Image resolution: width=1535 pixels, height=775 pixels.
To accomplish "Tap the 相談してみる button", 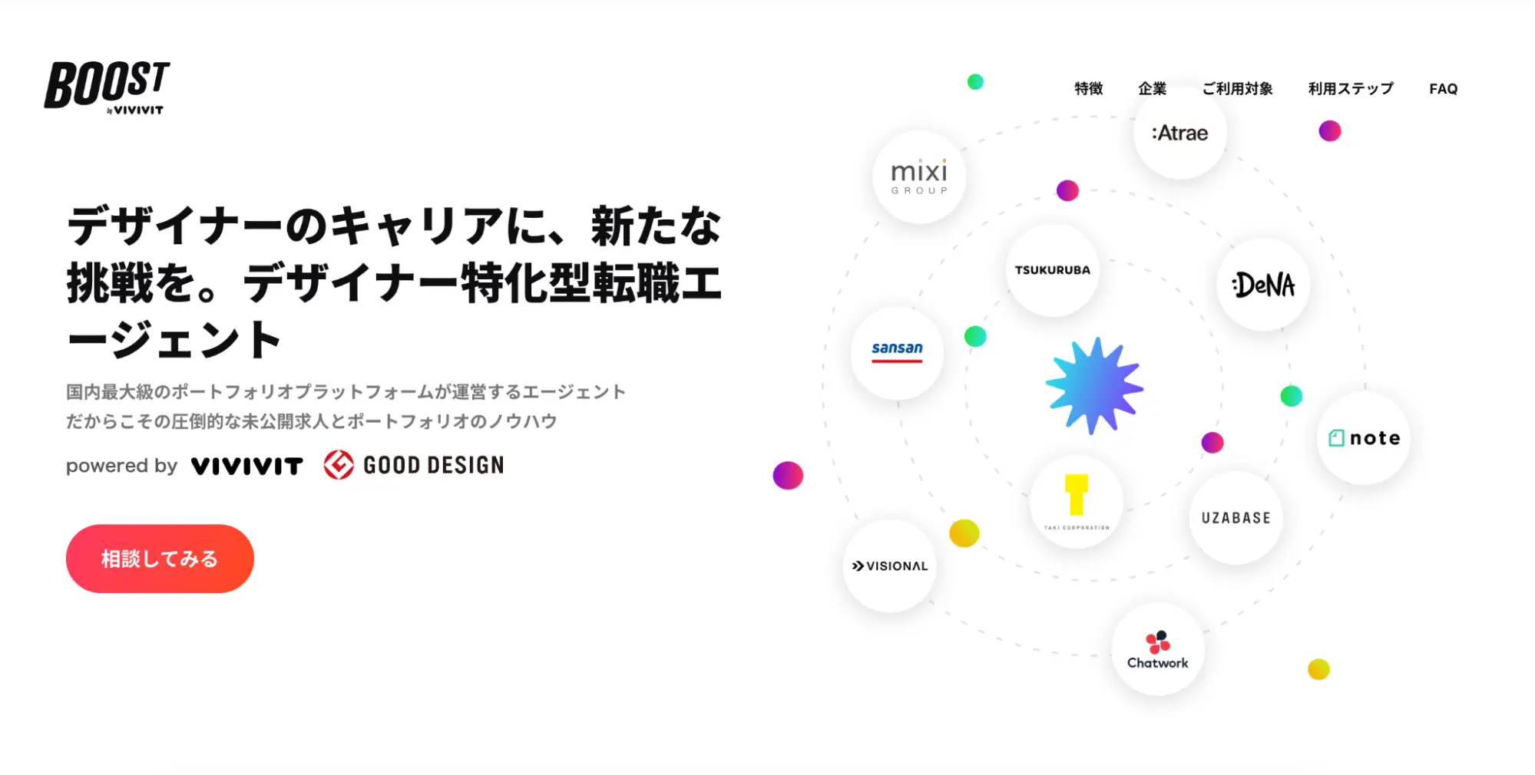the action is click(x=160, y=558).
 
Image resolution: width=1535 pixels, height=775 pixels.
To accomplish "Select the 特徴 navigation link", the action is click(x=1088, y=89).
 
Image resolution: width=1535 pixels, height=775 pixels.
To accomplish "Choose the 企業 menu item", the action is click(x=1152, y=89).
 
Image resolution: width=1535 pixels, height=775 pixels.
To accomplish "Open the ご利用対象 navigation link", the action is click(x=1237, y=89).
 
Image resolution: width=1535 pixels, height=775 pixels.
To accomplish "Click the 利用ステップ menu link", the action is click(x=1351, y=89).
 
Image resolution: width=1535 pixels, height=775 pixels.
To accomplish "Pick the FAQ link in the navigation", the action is click(x=1443, y=89).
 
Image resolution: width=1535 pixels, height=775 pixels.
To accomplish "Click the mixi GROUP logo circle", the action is click(x=919, y=176).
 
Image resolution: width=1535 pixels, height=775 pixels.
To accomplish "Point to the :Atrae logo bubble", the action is click(x=1180, y=133).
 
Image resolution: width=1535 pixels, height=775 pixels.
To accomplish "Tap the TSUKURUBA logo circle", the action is click(x=1053, y=270).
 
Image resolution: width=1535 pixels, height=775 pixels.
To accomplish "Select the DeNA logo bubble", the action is click(x=1263, y=285).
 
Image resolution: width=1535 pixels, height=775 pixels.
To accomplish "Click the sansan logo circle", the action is click(x=897, y=353).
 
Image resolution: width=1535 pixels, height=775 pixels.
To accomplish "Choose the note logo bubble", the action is click(x=1364, y=438).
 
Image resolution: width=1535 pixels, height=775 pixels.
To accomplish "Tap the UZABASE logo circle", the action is click(x=1236, y=518).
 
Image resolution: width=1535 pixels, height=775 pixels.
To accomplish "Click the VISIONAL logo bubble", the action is click(x=890, y=566).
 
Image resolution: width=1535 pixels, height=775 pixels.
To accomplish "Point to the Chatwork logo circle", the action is click(x=1158, y=649).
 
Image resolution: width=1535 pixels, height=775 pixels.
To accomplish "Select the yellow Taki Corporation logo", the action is click(x=1077, y=495).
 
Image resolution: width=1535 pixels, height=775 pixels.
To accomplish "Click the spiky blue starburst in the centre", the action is click(x=1095, y=386).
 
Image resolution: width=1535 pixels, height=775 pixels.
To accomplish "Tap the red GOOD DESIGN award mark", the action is click(x=339, y=465).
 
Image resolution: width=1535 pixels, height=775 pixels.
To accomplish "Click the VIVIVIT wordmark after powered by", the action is click(x=247, y=466).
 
